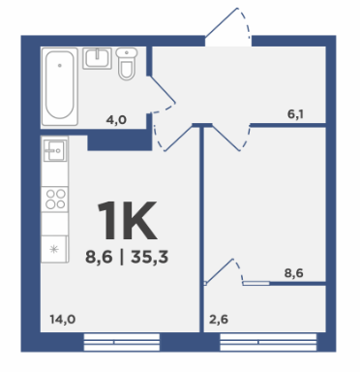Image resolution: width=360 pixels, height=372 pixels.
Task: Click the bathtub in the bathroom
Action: click(60, 86)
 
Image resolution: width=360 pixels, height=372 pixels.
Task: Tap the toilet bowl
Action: click(126, 70)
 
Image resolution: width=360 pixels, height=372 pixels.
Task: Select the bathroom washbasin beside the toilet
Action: click(97, 58)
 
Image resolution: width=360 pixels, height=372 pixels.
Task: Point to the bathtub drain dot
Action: click(60, 65)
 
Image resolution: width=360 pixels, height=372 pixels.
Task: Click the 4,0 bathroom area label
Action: click(116, 120)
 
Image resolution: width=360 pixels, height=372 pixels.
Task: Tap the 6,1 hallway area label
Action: click(295, 114)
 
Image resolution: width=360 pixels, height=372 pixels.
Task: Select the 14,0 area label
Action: click(63, 320)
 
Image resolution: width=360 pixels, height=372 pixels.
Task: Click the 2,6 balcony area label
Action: click(219, 320)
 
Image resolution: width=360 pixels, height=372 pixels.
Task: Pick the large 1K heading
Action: click(127, 220)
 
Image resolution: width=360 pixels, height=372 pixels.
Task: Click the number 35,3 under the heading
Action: click(150, 258)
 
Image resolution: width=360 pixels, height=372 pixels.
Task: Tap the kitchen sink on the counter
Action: click(55, 150)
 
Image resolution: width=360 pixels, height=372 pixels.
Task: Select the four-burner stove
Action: click(55, 199)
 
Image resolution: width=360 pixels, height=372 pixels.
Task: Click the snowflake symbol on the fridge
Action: click(54, 249)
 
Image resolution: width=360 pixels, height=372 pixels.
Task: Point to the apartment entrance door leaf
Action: click(222, 22)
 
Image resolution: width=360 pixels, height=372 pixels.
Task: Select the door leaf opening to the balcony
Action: click(220, 272)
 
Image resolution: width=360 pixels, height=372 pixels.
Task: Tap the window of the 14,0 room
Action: click(122, 342)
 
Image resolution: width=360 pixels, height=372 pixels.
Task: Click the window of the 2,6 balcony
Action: click(268, 342)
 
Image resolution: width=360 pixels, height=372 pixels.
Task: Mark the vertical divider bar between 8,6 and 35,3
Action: click(122, 258)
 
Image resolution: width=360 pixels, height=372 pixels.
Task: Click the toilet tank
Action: click(127, 52)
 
